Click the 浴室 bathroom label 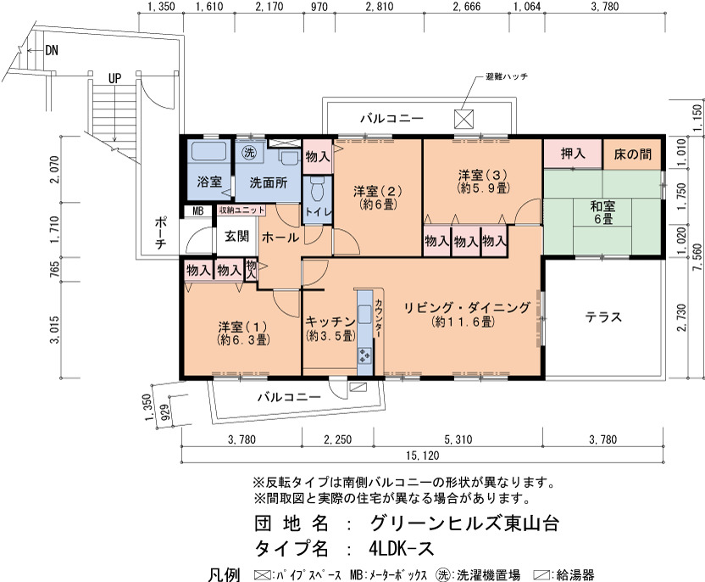(x=209, y=182)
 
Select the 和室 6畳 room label (x=602, y=213)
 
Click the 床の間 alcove (x=633, y=154)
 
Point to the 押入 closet (x=573, y=154)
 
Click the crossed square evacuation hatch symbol (x=464, y=119)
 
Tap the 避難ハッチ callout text (x=507, y=76)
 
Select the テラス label (x=603, y=317)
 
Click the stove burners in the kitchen (x=364, y=355)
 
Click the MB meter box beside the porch (x=197, y=210)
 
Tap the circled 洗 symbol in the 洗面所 (x=248, y=152)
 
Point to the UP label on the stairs (x=114, y=78)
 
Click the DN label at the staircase (x=52, y=50)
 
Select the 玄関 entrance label (x=236, y=236)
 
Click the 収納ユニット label (x=241, y=210)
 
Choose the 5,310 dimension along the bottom (x=458, y=439)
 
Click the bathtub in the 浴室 (x=208, y=151)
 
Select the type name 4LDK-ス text (x=401, y=548)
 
